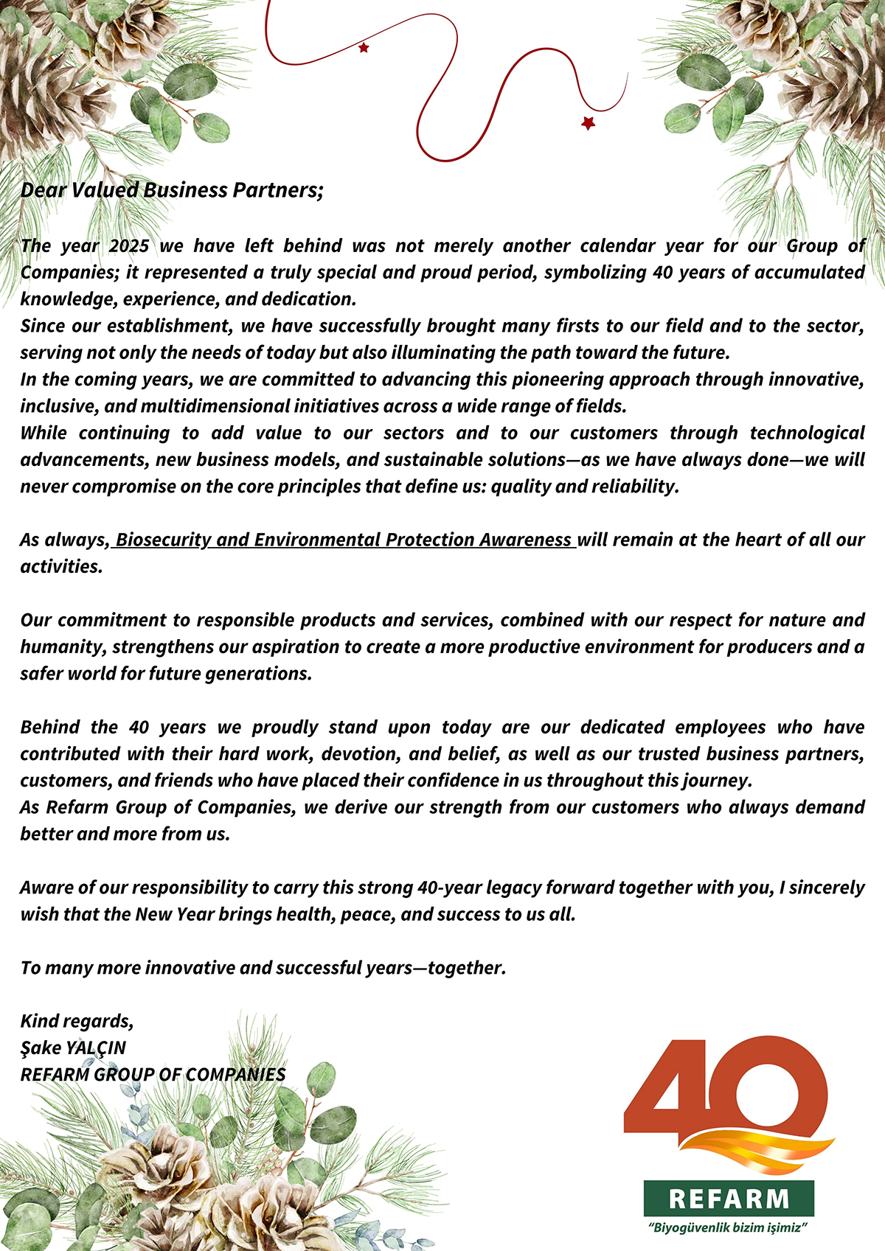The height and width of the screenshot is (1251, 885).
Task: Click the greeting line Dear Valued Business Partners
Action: click(172, 190)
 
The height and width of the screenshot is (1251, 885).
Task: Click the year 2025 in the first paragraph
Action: click(129, 245)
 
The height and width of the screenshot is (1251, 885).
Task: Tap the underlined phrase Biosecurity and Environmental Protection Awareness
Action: click(344, 540)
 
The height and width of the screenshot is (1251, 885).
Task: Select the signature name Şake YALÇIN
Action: click(73, 1048)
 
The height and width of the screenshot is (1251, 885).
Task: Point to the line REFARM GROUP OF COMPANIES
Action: click(153, 1074)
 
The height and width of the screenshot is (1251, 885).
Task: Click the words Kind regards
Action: click(77, 1021)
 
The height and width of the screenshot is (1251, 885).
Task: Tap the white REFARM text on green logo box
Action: click(729, 1199)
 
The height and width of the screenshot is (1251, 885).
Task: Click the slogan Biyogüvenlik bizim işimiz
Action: click(729, 1228)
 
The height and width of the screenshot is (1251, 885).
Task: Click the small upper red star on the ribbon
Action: click(364, 48)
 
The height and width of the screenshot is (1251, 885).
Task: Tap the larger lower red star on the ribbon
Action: click(588, 123)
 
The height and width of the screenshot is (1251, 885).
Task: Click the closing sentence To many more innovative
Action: click(263, 967)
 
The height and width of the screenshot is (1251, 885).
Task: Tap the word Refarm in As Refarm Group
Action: click(77, 807)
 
